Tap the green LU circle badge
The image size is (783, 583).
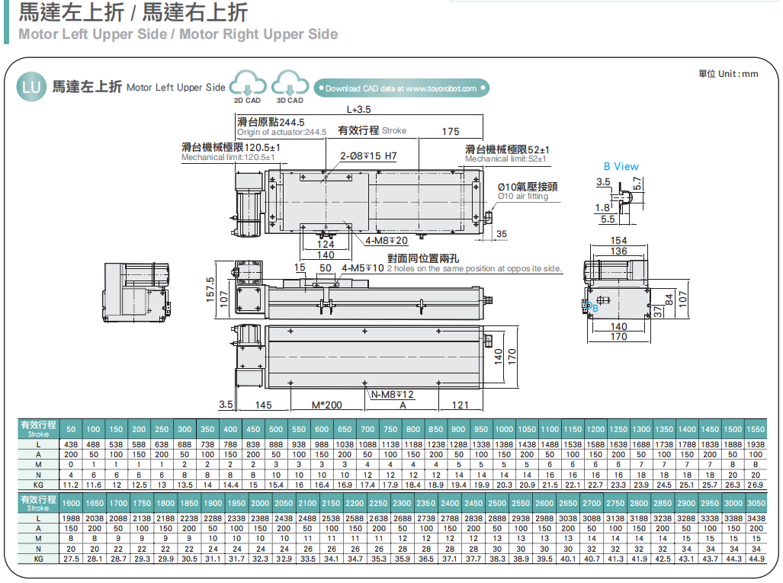31,87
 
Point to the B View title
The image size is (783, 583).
621,166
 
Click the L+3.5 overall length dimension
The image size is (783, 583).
359,110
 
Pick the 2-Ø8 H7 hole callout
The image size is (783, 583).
368,157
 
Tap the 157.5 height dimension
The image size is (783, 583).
211,289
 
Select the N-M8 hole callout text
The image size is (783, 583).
393,394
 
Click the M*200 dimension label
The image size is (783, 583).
327,405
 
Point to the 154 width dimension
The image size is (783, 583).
619,242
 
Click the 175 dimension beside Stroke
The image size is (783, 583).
451,132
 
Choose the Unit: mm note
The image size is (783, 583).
728,73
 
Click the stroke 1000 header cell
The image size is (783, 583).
503,429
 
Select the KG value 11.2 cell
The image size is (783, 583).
71,485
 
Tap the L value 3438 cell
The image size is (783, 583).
756,517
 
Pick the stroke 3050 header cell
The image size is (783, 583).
756,503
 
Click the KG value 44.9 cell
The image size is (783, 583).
756,559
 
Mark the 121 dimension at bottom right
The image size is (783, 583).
460,405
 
